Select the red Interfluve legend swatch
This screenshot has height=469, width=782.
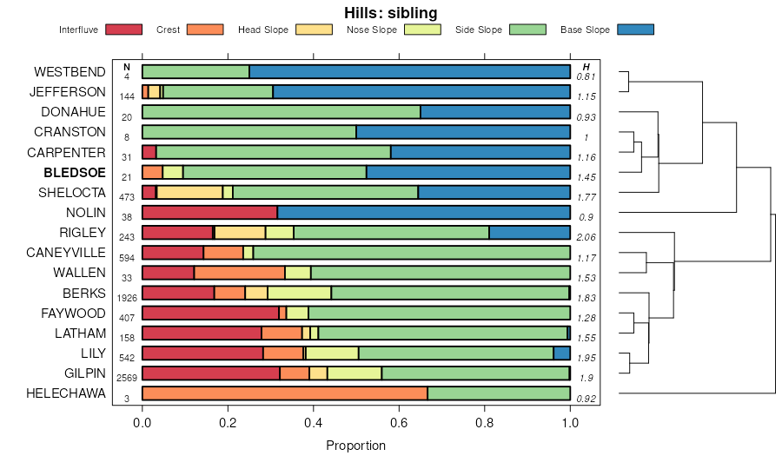click(123, 30)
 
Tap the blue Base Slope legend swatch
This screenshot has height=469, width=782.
click(635, 30)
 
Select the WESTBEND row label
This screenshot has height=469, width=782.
click(70, 71)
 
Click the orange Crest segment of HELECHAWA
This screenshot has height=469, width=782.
click(284, 393)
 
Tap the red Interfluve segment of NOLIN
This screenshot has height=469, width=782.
click(209, 212)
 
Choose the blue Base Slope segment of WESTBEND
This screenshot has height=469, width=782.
click(409, 71)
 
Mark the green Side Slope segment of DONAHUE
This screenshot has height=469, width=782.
click(281, 112)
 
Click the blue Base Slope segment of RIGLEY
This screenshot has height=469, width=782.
click(529, 232)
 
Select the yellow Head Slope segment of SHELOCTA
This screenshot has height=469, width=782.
click(189, 192)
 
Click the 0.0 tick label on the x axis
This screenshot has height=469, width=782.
click(142, 423)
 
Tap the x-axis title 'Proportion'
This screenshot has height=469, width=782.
click(355, 446)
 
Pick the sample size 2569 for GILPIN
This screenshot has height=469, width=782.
click(127, 378)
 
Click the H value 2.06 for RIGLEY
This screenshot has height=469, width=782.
click(588, 237)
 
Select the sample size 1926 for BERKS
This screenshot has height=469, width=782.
click(127, 297)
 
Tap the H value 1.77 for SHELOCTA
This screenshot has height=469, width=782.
click(588, 197)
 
